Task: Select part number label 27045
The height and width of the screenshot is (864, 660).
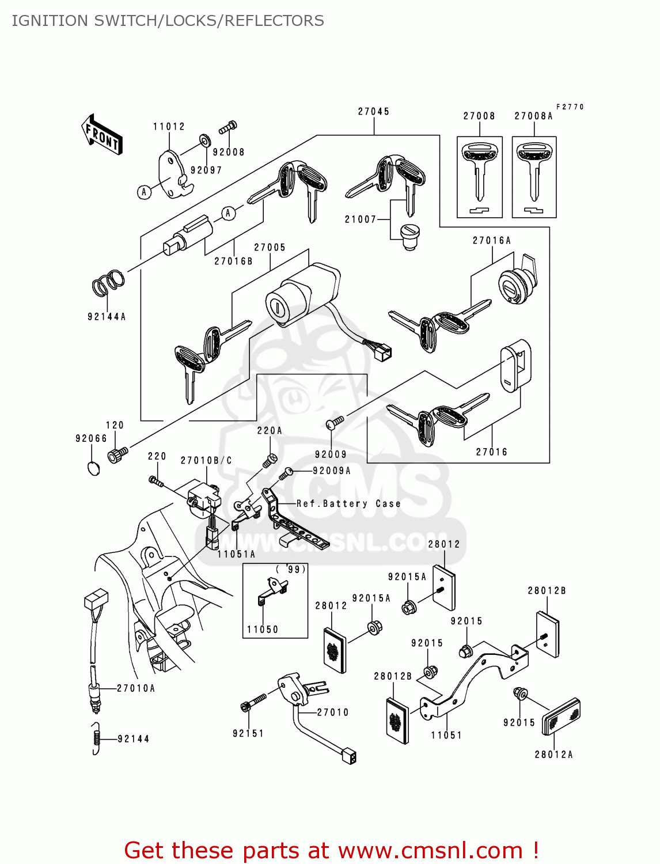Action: pos(373,112)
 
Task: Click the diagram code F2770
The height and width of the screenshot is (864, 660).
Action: pos(570,107)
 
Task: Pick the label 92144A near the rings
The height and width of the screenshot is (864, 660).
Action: pos(107,317)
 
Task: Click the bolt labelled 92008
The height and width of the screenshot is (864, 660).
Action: pos(228,127)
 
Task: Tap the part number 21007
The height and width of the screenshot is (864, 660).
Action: pos(361,219)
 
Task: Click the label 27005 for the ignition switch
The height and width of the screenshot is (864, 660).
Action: pos(270,248)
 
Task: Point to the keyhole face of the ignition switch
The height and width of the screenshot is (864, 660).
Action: pos(277,307)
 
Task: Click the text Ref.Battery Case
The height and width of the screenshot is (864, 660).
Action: pos(348,503)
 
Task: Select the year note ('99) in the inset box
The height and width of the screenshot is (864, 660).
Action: pos(291,569)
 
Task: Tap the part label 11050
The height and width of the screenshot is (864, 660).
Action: pos(263,630)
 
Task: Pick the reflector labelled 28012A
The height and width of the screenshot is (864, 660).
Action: pos(561,717)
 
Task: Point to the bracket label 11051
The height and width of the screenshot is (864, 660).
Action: pos(446,735)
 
